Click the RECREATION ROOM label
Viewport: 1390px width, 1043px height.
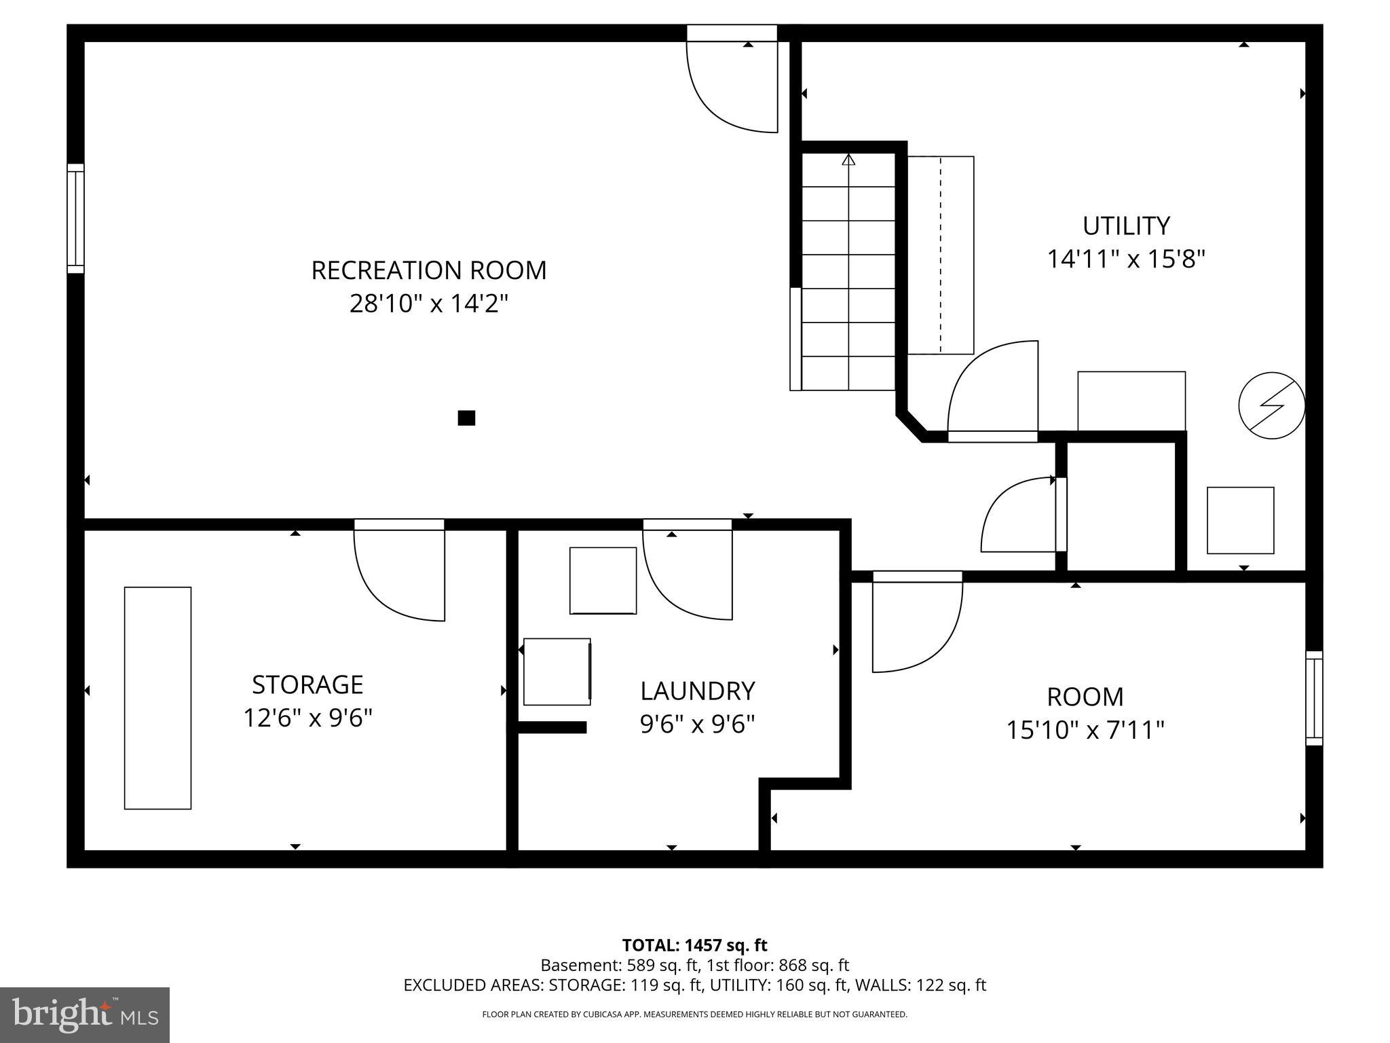428,270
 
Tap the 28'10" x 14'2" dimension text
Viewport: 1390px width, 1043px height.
428,304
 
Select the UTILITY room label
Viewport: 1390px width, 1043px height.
1125,225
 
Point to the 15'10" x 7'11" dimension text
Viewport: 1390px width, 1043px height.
1085,731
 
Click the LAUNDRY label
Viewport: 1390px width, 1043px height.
697,691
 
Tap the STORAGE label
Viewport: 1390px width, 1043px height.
307,684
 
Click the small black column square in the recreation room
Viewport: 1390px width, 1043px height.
466,418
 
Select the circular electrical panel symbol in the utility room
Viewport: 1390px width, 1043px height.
1271,405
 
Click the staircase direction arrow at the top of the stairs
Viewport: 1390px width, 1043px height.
848,160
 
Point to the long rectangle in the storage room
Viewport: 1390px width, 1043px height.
157,698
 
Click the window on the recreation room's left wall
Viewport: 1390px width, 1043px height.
75,219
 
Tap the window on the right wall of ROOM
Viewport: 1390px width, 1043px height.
1314,698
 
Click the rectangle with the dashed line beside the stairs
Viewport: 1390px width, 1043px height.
941,255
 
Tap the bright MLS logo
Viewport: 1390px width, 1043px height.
85,1014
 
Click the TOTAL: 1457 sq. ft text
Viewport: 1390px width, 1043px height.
694,945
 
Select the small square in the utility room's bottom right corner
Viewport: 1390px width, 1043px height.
1240,520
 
